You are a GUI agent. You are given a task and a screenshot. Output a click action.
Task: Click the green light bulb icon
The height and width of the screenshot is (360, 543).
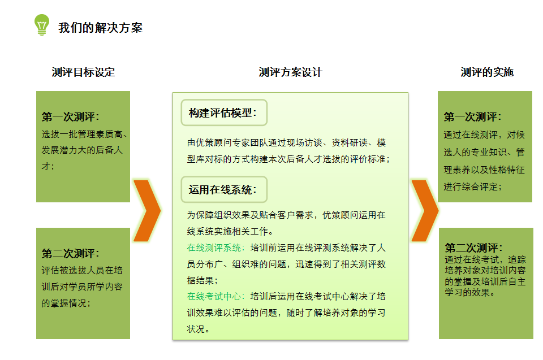[41, 24]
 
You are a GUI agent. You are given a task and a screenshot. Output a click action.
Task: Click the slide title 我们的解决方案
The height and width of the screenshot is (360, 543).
[101, 28]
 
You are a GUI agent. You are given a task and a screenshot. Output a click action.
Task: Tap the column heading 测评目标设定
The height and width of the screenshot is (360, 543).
[83, 72]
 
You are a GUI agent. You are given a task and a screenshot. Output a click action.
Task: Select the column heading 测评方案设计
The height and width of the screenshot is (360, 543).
[290, 72]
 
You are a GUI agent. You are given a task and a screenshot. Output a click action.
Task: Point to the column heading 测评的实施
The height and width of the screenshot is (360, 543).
[487, 72]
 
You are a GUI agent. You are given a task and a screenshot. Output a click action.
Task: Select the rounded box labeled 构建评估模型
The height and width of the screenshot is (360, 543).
[224, 112]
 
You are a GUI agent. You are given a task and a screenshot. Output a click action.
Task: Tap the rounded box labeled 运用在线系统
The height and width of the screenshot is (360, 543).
[224, 189]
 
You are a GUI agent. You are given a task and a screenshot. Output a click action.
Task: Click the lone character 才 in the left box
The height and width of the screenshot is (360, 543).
[46, 166]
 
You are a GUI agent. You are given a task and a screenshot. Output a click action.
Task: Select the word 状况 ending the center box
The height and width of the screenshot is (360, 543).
[196, 329]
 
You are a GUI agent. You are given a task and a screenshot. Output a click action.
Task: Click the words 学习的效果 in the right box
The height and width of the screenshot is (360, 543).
[467, 292]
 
